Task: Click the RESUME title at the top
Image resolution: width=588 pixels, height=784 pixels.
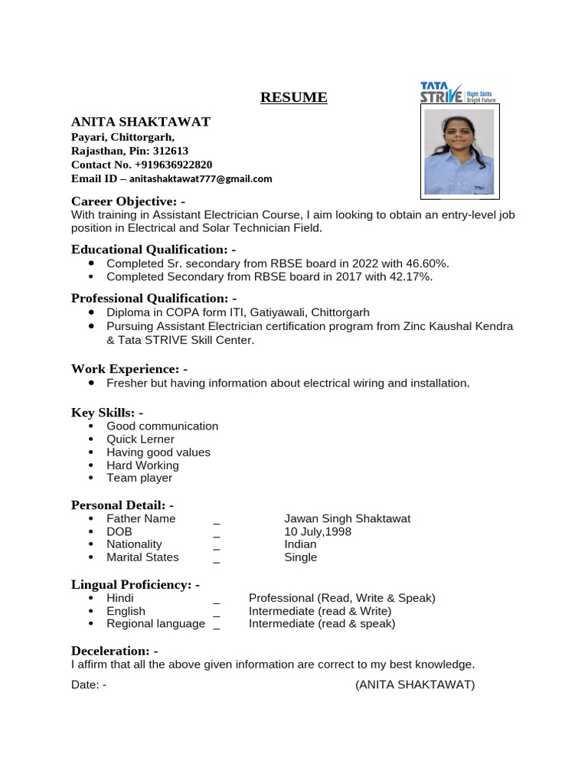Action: [x=293, y=97]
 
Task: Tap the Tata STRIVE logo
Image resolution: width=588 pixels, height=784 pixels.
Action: [x=458, y=92]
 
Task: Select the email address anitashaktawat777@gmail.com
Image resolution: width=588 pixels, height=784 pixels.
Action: [x=201, y=178]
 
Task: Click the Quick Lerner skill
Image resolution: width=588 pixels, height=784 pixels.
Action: [x=140, y=439]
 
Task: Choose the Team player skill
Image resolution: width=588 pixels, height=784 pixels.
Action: [x=139, y=478]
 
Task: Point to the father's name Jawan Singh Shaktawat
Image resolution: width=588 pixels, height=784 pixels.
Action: [x=348, y=518]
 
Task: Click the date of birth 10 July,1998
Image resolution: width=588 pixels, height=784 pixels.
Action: [x=318, y=531]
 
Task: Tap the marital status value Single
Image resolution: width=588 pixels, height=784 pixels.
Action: [x=300, y=557]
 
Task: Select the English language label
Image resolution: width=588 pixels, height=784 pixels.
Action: [x=126, y=611]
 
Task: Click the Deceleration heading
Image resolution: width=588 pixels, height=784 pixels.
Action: [x=114, y=651]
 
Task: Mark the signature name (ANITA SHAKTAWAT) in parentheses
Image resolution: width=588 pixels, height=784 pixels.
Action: [x=415, y=684]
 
